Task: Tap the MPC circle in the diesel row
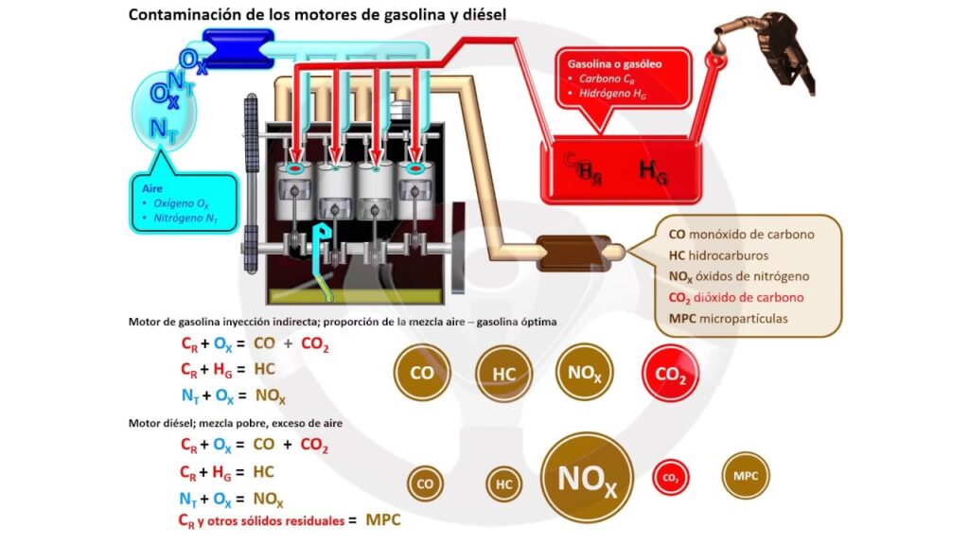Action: (x=746, y=475)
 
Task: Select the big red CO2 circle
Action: (x=671, y=375)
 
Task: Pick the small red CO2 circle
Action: (x=671, y=479)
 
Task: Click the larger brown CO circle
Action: (x=422, y=373)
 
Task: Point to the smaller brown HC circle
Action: (x=504, y=484)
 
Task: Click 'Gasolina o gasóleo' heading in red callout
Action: (x=614, y=63)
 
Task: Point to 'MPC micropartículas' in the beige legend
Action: (x=729, y=318)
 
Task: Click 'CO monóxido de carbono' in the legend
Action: (x=741, y=234)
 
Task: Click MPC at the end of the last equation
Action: (x=383, y=519)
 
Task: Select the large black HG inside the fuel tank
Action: (x=653, y=170)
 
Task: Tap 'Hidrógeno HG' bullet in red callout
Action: (x=615, y=94)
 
